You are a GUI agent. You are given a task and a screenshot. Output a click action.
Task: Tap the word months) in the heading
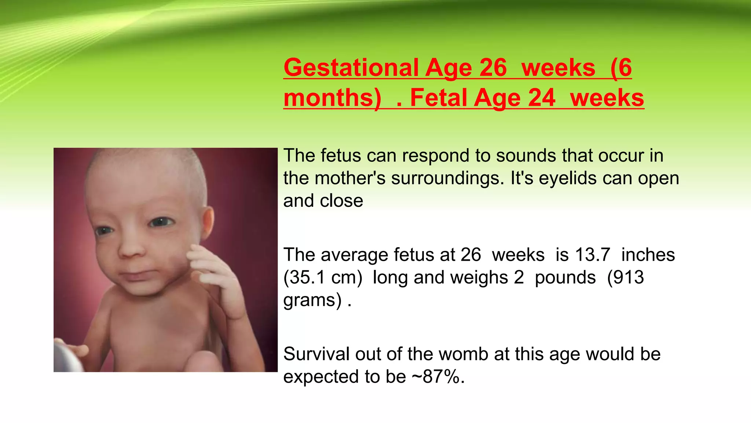(x=332, y=98)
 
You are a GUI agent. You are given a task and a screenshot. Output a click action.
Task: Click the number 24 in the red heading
(x=542, y=98)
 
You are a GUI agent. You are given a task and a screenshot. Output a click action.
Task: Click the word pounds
(x=565, y=278)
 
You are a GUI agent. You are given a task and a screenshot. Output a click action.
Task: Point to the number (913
(x=625, y=278)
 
